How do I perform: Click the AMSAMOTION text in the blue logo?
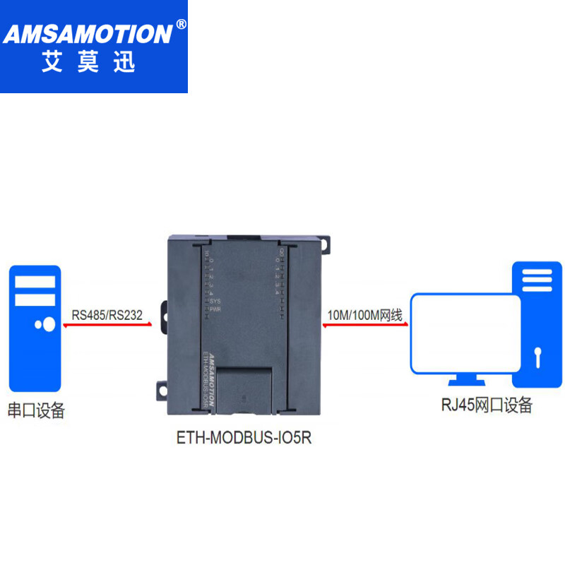[x=89, y=33]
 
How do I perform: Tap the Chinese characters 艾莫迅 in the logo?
[x=88, y=64]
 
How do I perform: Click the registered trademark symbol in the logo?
[x=181, y=23]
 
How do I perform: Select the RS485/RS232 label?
[x=107, y=314]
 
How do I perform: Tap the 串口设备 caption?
[x=36, y=410]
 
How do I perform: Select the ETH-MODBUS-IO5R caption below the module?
[x=244, y=438]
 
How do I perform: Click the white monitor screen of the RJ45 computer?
[x=465, y=332]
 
